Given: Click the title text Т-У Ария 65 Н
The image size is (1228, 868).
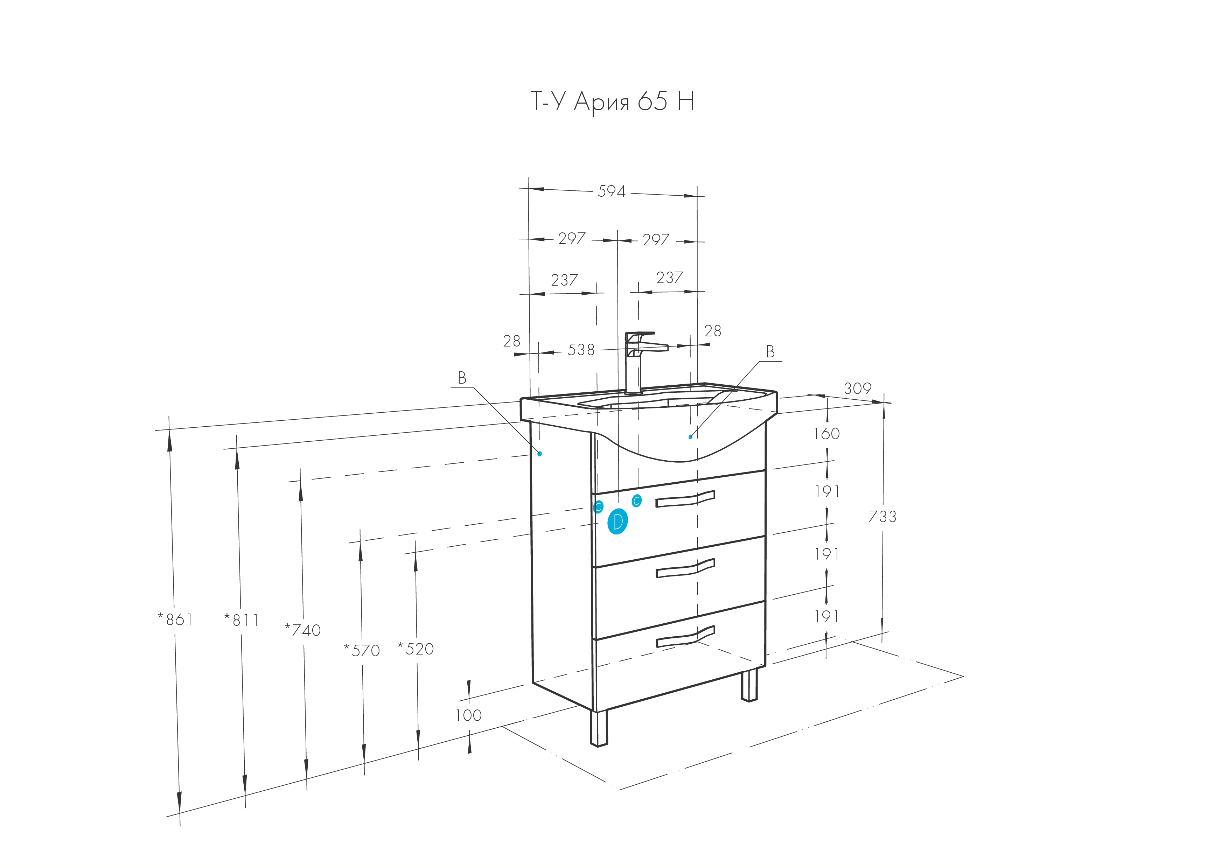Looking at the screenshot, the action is click(x=612, y=101).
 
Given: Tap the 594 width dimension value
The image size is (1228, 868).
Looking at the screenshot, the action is click(x=611, y=191).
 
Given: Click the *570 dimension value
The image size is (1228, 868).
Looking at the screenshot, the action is click(x=362, y=650).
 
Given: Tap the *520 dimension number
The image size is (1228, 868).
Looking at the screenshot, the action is click(x=416, y=649).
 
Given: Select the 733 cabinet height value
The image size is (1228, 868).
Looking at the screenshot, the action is click(x=882, y=516).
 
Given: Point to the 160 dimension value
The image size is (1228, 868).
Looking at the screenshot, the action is click(x=827, y=433).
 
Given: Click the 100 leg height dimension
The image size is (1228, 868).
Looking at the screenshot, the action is click(x=468, y=715).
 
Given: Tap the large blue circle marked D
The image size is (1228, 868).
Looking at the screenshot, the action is click(x=618, y=521).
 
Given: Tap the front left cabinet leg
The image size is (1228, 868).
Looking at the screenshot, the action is click(x=599, y=728).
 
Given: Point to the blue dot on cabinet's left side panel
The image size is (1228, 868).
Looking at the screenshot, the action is click(x=540, y=454).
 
